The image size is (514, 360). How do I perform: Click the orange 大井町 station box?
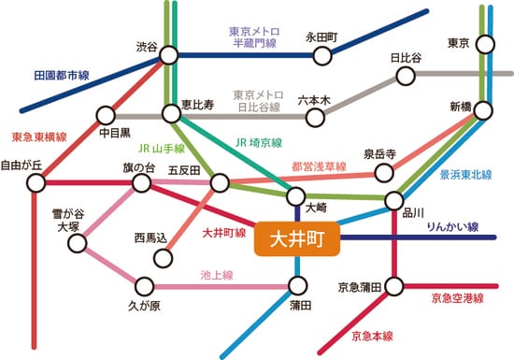296,239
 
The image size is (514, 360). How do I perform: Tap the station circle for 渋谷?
169,54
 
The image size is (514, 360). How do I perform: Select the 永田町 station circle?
321,55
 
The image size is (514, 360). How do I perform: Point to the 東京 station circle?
485,44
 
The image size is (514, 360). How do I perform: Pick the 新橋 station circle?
484,110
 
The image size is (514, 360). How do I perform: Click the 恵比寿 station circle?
170,114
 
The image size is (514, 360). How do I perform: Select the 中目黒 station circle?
105,114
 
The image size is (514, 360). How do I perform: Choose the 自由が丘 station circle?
35,182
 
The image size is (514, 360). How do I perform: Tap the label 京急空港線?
458,300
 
